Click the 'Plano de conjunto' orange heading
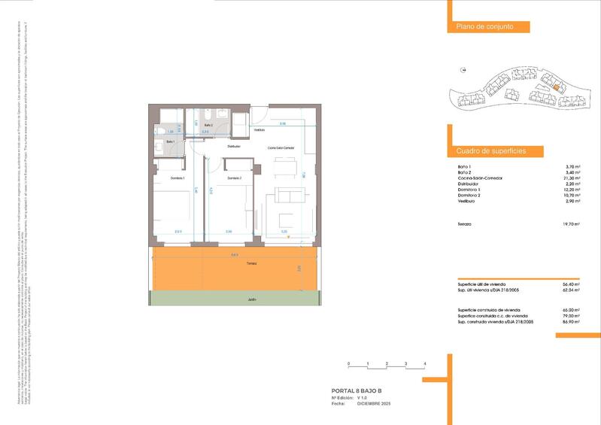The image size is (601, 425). pos(484,27)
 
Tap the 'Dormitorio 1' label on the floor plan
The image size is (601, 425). pos(177,178)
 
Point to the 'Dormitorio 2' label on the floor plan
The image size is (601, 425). pos(234,178)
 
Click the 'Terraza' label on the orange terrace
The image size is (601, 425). pos(250,264)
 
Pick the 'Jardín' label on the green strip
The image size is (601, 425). pos(251,299)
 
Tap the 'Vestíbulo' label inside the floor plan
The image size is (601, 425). pos(259,130)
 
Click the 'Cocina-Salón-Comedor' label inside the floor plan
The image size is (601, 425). pos(281,148)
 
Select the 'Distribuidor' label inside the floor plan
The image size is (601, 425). pos(234,146)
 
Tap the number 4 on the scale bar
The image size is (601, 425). pos(425,364)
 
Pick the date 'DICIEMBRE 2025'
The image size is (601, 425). pos(374,405)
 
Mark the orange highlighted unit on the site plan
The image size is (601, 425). pos(555,87)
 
